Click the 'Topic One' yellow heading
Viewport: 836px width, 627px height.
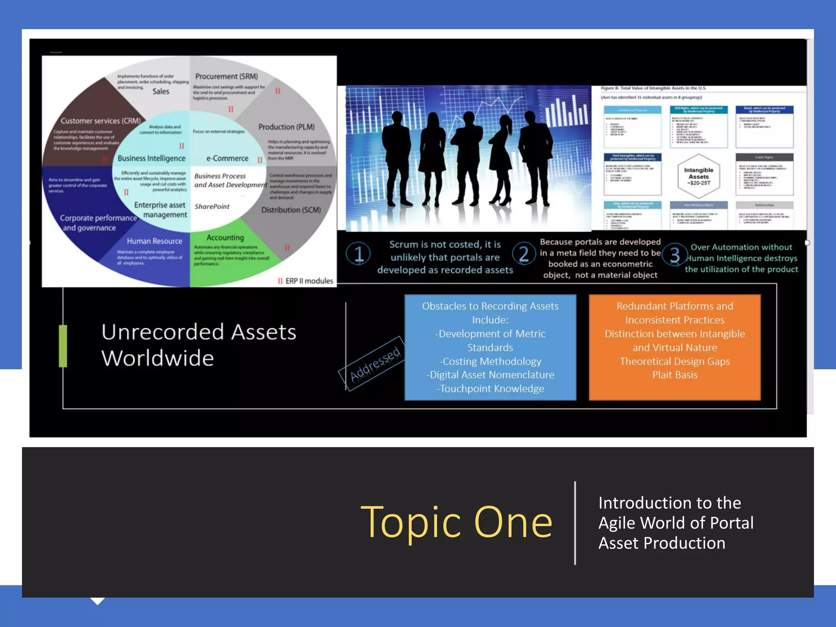tap(456, 522)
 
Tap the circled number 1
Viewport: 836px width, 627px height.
tap(358, 253)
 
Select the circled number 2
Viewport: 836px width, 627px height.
tap(524, 253)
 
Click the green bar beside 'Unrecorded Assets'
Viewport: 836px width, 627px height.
tap(63, 346)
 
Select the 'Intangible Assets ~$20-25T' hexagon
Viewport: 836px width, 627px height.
tap(698, 176)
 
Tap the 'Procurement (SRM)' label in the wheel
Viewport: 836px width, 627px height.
tap(226, 76)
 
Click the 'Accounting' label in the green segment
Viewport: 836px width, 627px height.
tap(225, 238)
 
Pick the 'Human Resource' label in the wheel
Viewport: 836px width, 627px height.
tap(154, 241)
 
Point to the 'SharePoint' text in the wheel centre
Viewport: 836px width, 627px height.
tap(212, 207)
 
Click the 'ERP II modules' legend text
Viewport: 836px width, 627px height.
tap(309, 281)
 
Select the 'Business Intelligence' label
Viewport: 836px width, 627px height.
tap(151, 158)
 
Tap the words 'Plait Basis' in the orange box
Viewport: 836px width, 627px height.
tap(674, 375)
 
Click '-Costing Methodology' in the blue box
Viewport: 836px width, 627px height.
tap(490, 361)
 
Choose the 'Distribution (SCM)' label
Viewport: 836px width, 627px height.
tap(291, 210)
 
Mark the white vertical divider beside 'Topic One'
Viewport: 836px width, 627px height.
tap(575, 523)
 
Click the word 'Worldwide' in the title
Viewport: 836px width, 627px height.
tap(158, 358)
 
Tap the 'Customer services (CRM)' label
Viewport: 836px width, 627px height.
tap(100, 121)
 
